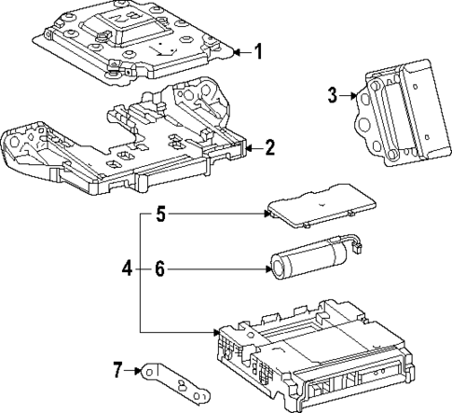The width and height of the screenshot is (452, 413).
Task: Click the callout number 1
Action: [x=258, y=52]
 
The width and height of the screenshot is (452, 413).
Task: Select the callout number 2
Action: [x=269, y=146]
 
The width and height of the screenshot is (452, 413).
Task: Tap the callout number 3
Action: [x=331, y=94]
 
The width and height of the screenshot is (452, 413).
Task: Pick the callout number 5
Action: [x=159, y=215]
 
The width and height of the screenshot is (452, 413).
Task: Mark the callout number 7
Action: [x=117, y=371]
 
